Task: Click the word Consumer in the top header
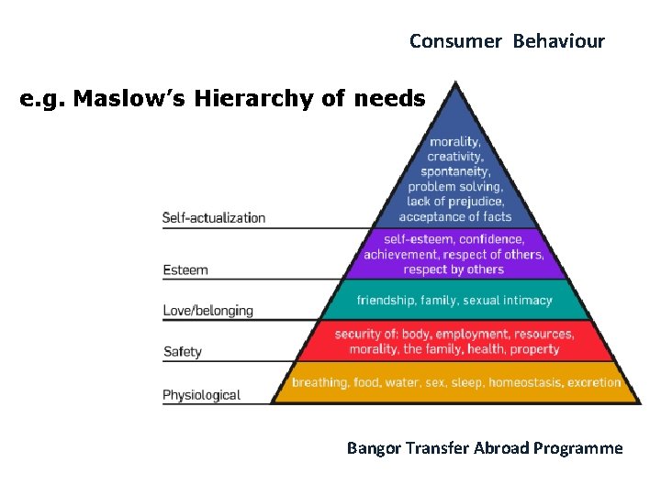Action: [455, 41]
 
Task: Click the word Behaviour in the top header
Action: [559, 41]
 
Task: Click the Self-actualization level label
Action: [214, 217]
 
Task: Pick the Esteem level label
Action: [185, 269]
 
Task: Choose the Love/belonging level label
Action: [207, 311]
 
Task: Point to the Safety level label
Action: [182, 351]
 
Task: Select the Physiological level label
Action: [201, 395]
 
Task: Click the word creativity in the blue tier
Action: [455, 157]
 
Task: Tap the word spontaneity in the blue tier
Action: [455, 171]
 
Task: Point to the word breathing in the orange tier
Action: [320, 382]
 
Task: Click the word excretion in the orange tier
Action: [594, 382]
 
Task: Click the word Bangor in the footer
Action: [373, 448]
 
